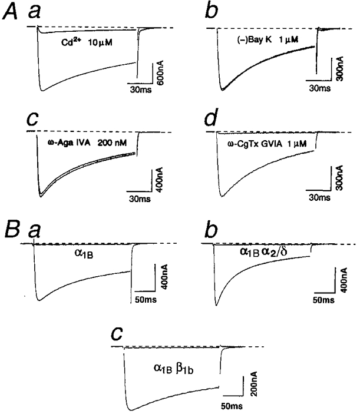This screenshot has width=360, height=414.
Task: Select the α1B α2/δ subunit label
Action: [262, 251]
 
